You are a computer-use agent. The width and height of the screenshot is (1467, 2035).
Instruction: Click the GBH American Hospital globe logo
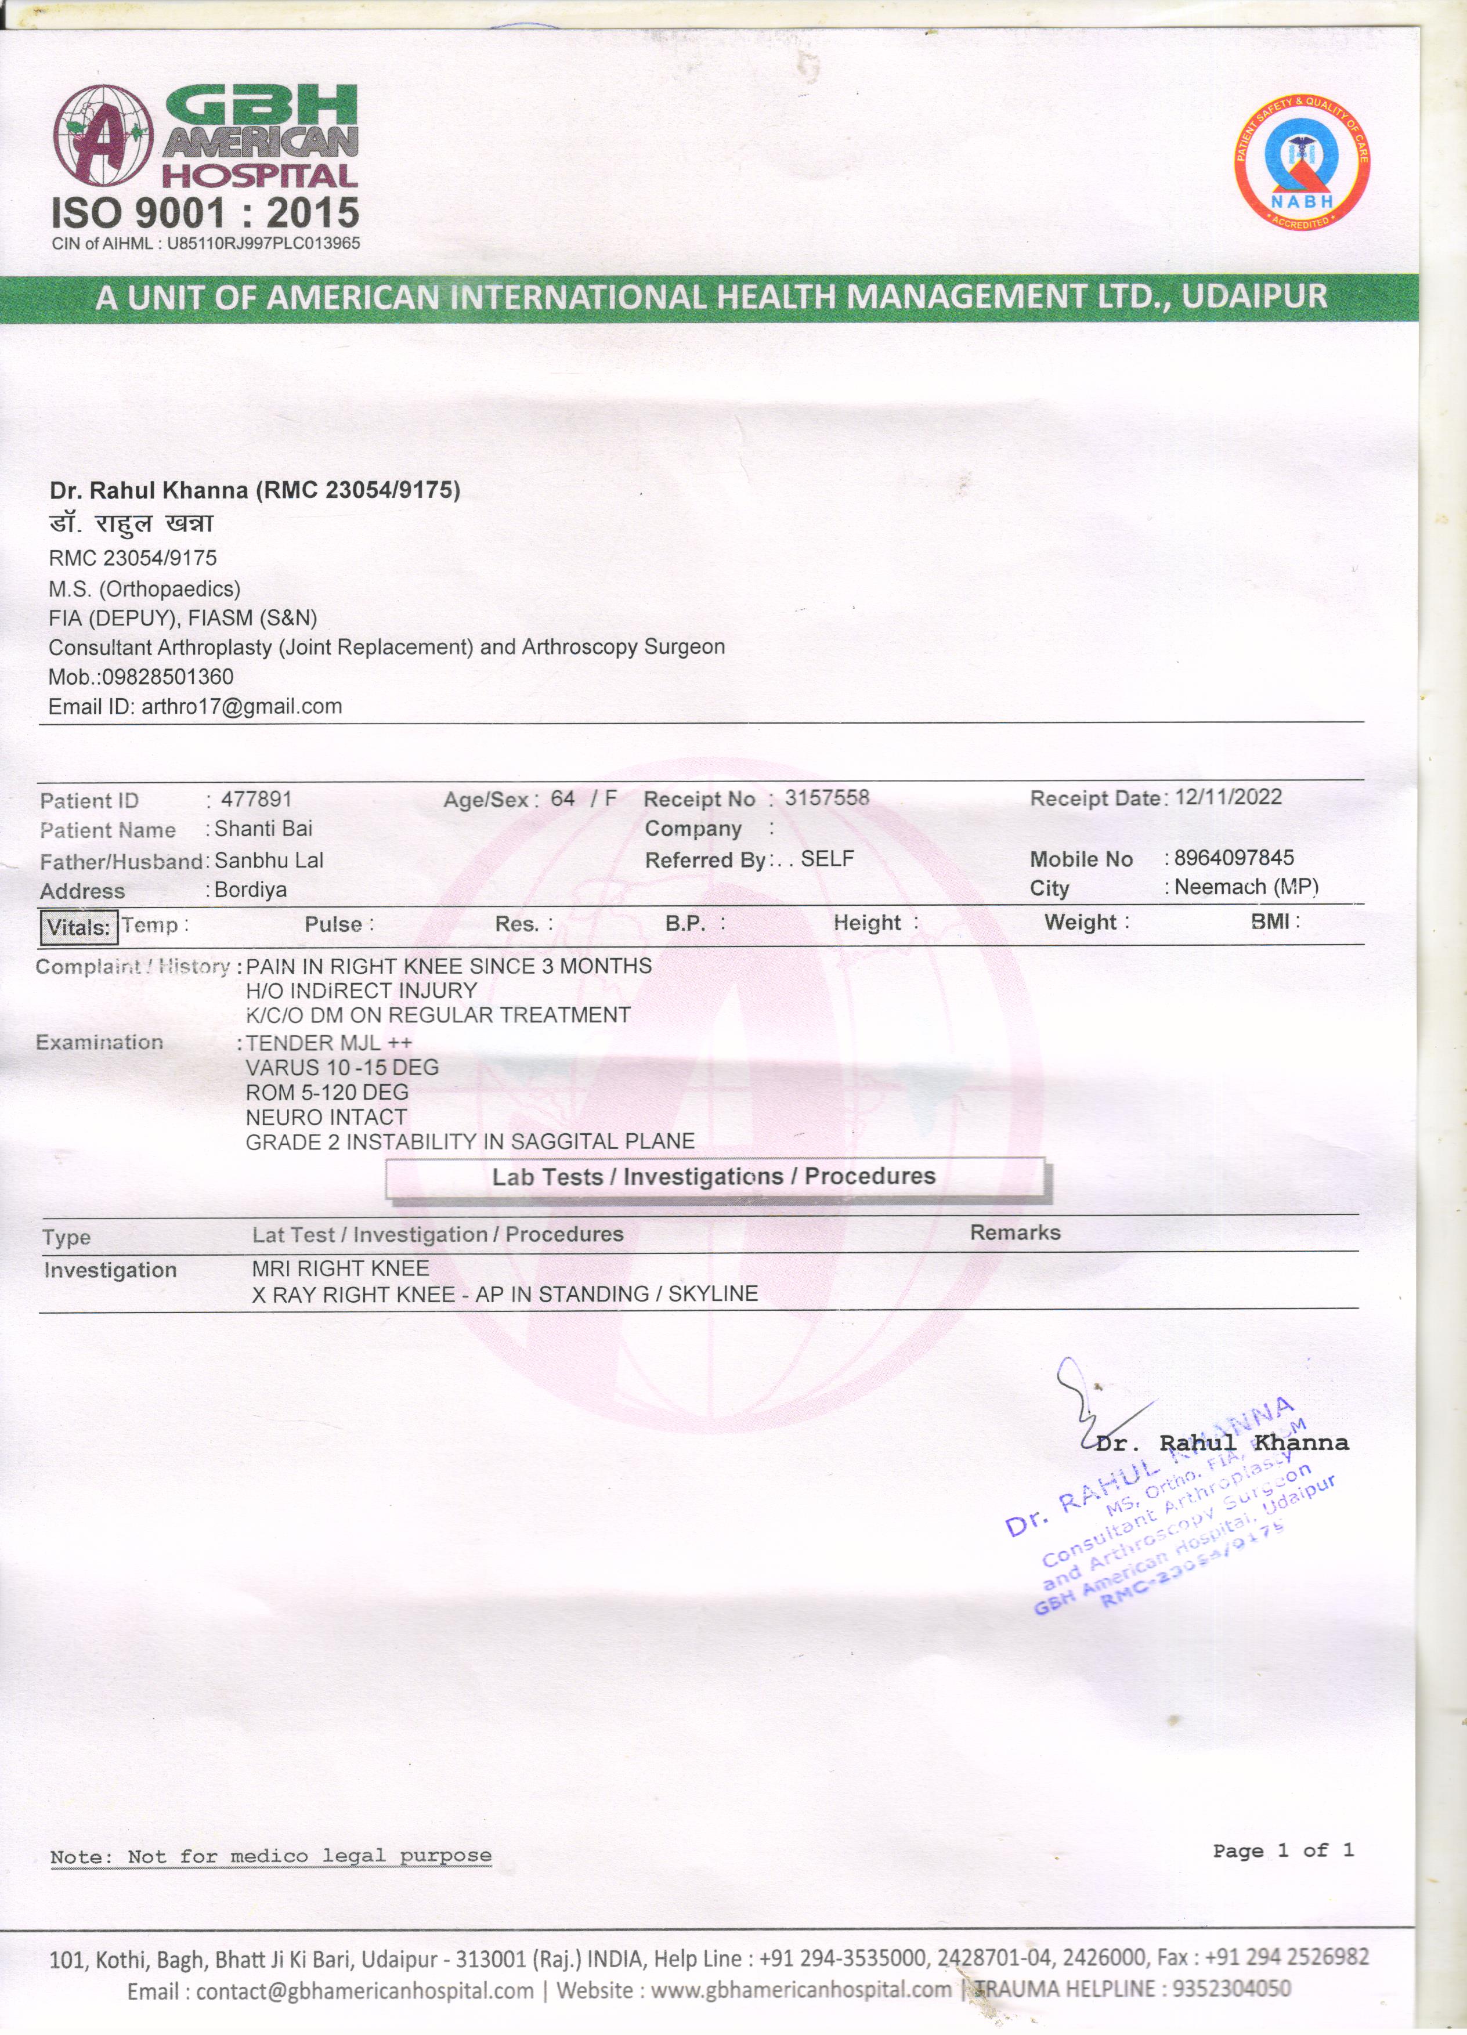coord(103,135)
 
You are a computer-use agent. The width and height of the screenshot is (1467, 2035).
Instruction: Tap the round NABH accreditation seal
coord(1302,162)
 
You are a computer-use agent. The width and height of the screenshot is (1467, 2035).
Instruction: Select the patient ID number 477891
coord(256,798)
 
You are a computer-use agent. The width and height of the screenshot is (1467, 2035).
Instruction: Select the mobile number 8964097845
coord(1234,858)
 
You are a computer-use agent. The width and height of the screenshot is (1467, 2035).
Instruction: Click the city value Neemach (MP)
coord(1245,887)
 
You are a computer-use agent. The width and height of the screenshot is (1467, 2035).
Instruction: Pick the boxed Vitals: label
coord(79,927)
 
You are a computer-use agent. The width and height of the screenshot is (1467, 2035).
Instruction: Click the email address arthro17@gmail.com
coord(241,706)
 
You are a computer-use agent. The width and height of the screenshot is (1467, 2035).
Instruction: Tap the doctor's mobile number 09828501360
coord(167,677)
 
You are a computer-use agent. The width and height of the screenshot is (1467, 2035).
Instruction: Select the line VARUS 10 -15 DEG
coord(342,1068)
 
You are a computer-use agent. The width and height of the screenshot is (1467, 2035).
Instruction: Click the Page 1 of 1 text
coord(1282,1850)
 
